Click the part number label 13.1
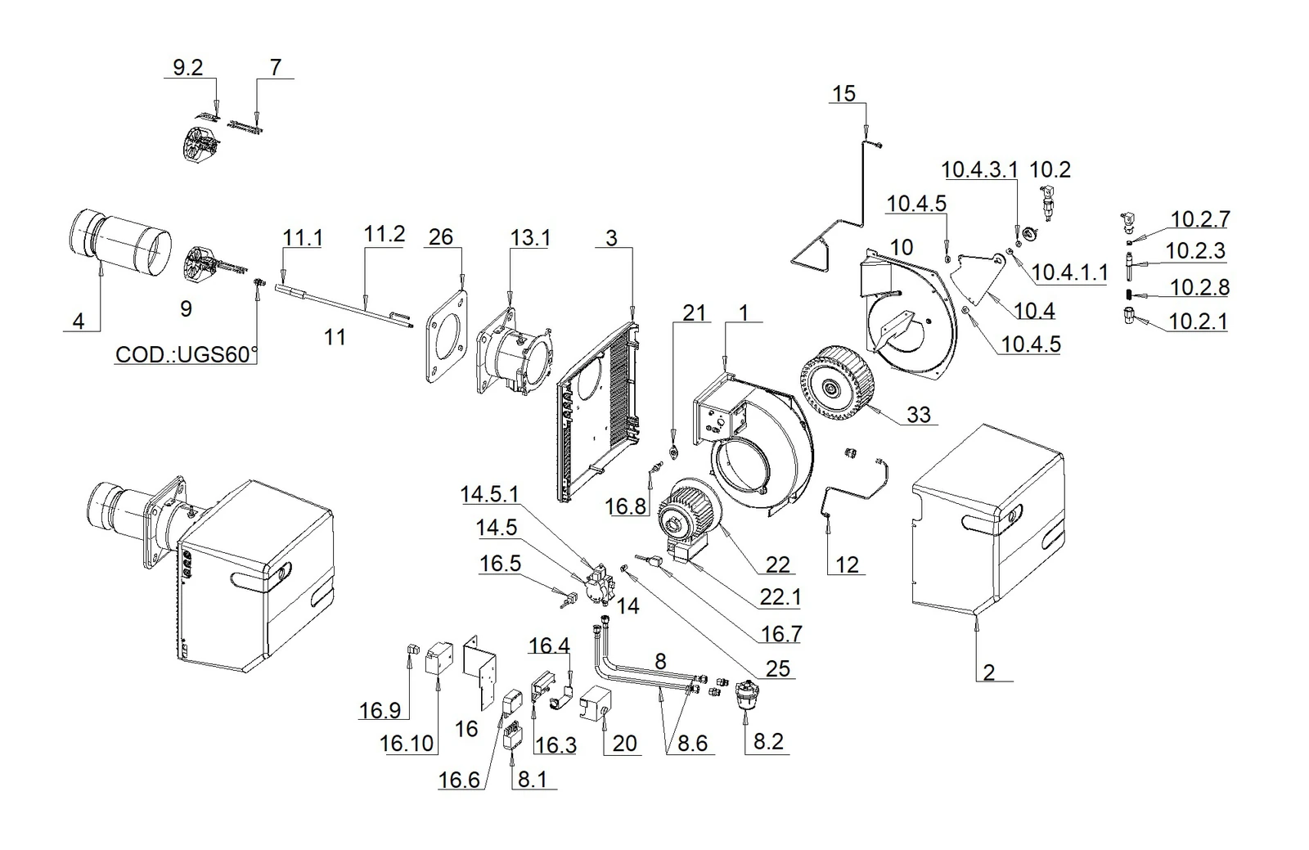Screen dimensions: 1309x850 [530, 238]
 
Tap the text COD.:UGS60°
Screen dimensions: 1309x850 [187, 354]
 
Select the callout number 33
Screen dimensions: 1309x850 [918, 414]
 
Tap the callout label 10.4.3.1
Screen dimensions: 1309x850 [979, 169]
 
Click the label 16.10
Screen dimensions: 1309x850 [407, 743]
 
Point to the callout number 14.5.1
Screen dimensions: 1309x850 [489, 494]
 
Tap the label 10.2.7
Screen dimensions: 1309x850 [1200, 219]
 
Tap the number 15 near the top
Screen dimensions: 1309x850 [843, 93]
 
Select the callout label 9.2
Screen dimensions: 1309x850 [187, 68]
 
